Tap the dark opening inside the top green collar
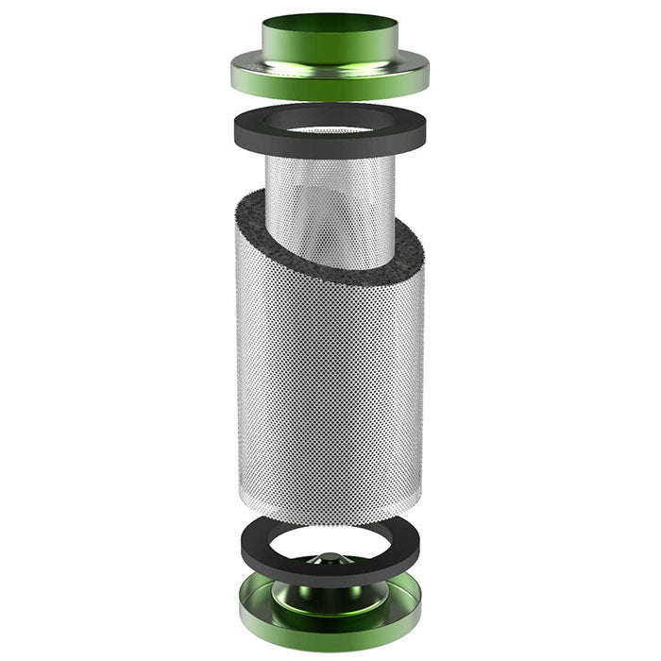pyautogui.click(x=329, y=21)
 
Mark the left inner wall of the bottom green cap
pyautogui.click(x=253, y=593)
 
